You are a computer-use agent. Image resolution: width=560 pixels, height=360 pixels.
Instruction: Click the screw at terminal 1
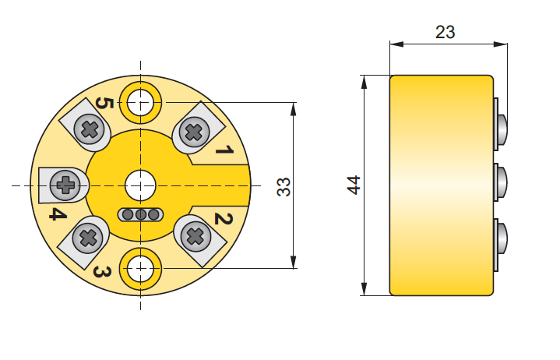click(x=194, y=132)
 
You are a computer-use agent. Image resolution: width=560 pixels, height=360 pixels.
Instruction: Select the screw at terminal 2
click(x=195, y=236)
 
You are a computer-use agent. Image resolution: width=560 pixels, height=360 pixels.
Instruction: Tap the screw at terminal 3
click(x=88, y=238)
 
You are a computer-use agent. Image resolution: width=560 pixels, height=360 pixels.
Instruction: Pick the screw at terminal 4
click(x=65, y=185)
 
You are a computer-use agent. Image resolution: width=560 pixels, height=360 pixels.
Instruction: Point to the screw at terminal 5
click(x=90, y=129)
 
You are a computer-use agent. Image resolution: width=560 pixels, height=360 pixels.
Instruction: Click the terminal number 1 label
click(x=224, y=150)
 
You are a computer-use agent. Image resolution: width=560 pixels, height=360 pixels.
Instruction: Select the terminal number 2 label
click(x=224, y=218)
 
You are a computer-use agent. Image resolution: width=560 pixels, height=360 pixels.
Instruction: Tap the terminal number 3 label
click(x=102, y=272)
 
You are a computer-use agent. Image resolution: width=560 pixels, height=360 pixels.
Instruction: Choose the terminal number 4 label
click(x=58, y=214)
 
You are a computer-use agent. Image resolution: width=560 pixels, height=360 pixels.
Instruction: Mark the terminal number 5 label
click(x=104, y=104)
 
